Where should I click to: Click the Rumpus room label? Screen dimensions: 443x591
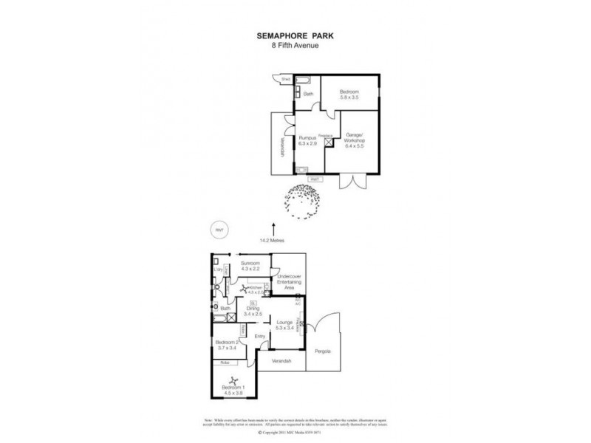coord(307,140)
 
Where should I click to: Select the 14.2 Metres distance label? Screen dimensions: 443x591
coord(273,240)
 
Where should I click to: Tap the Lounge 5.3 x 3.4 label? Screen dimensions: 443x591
coord(284,325)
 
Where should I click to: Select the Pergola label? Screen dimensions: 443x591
coord(322,351)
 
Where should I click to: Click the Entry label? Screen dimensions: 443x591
coord(259,337)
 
